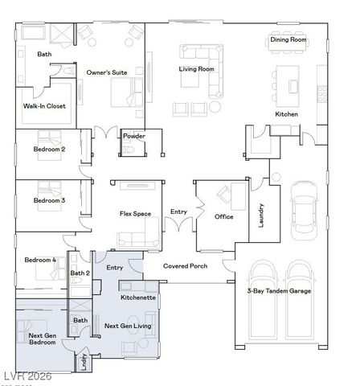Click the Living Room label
coord(196,69)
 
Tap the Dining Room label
coord(288,39)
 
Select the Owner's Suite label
coord(107,72)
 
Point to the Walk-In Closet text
coord(44,106)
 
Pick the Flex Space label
coord(135,214)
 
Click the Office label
coord(223,216)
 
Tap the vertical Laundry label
coord(261,216)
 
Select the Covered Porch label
coord(186,266)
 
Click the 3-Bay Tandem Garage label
coord(279,291)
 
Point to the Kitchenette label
coord(138,298)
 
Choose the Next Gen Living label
coord(128,326)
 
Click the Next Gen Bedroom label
coord(43,339)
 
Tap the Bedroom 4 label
coord(40,260)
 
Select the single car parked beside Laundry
coord(304,211)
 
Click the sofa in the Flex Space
coord(138,239)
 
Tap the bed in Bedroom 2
coord(49,146)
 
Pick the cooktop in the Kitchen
coord(321,94)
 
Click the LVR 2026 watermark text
coord(28,376)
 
